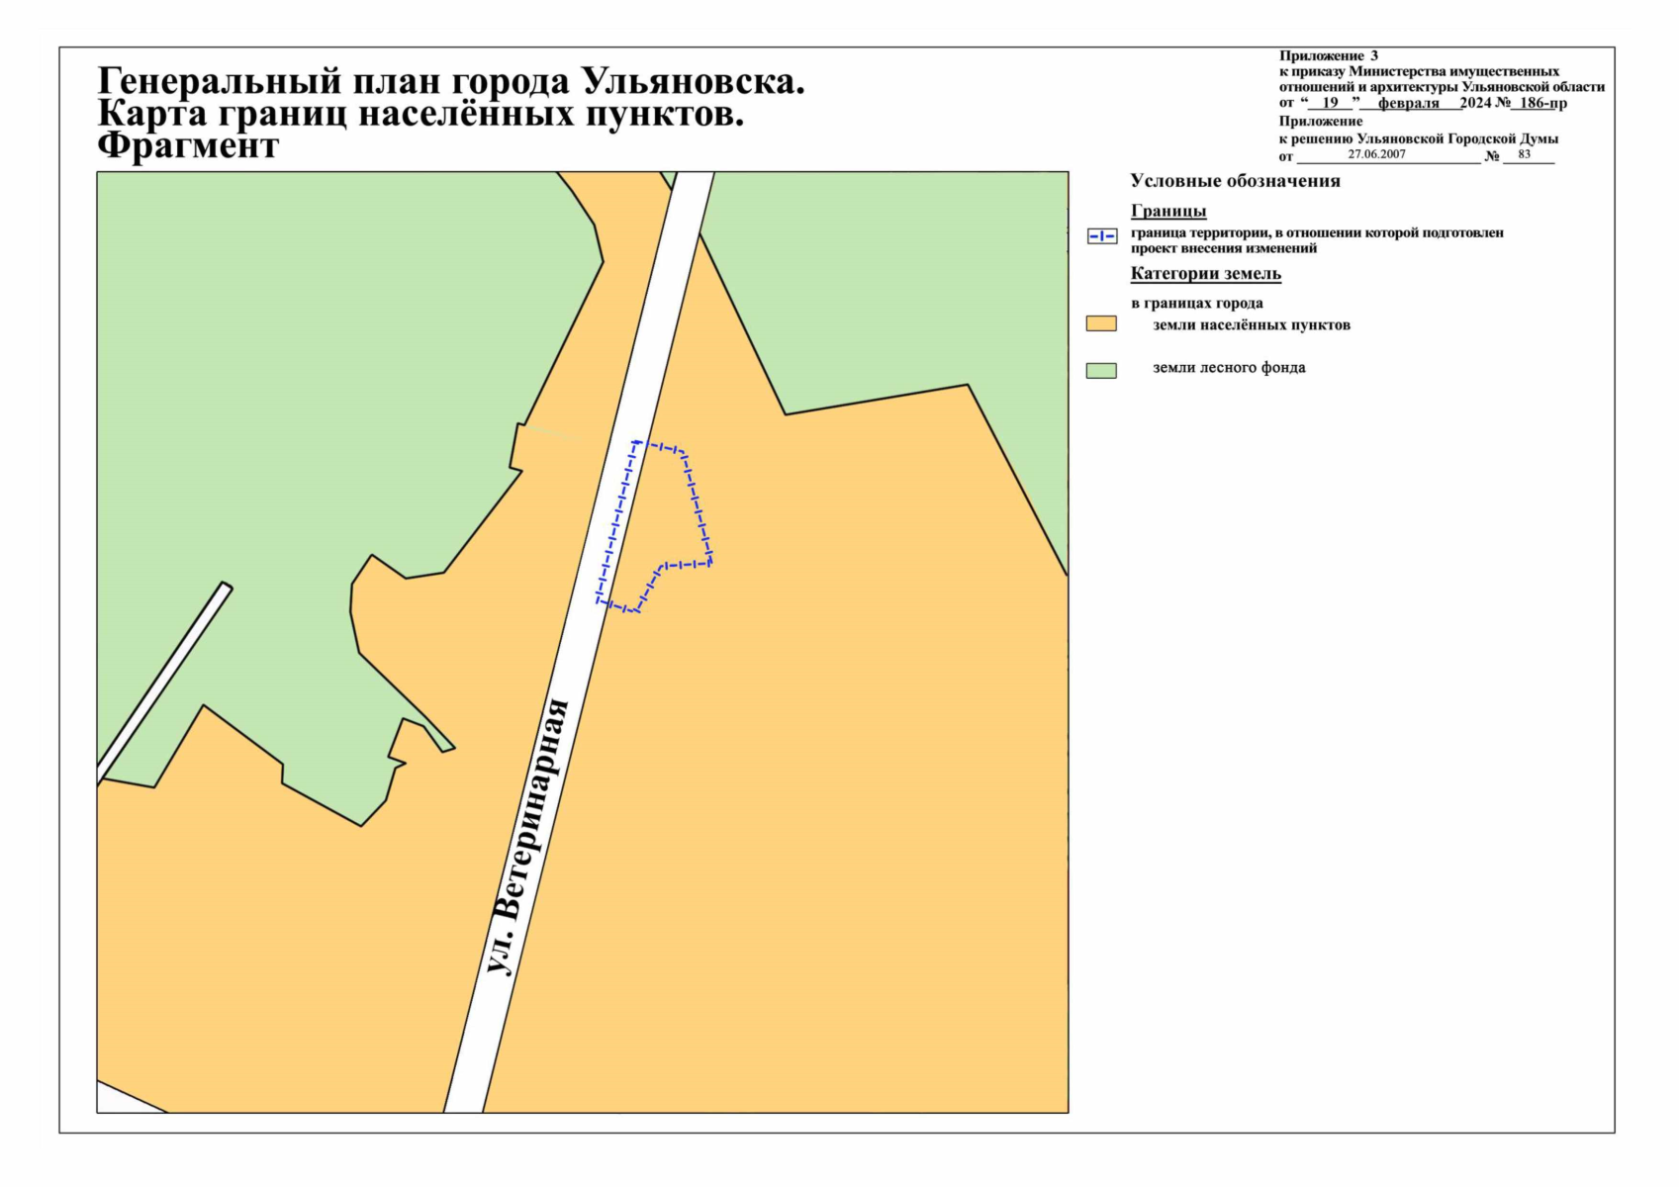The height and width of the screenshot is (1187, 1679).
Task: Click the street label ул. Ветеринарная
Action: point(529,837)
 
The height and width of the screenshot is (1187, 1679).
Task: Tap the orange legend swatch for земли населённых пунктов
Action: point(1100,323)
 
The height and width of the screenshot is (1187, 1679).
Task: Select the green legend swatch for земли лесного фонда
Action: point(1100,370)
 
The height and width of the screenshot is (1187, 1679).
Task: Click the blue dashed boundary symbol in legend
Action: point(1101,236)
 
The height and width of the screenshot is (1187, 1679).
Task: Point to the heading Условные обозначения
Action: point(1235,181)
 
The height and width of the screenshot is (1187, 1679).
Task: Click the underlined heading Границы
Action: point(1167,211)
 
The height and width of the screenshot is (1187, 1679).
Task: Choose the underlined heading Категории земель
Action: point(1205,274)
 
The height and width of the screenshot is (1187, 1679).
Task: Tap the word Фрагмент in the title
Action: point(188,146)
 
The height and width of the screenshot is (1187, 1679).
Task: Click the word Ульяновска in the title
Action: point(693,81)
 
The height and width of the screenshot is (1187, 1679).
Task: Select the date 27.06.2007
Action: point(1376,154)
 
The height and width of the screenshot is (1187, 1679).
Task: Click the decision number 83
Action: point(1524,154)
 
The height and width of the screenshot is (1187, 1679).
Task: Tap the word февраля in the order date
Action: point(1409,103)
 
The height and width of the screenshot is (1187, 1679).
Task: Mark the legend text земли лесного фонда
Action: point(1229,368)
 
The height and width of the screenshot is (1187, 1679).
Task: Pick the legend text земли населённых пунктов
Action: point(1251,324)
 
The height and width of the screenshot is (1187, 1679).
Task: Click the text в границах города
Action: point(1196,304)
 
